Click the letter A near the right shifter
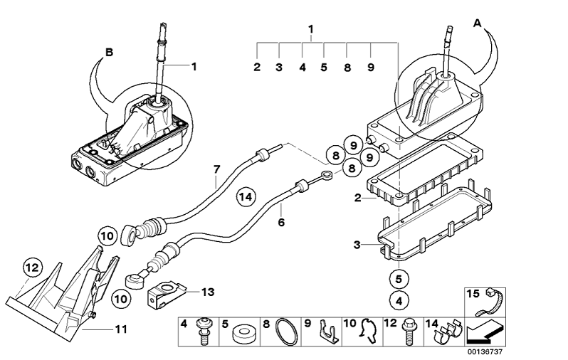tap(478, 23)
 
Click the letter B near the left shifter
tap(109, 52)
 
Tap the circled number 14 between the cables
tap(246, 197)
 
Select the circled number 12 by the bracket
tap(32, 268)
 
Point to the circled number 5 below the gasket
tap(399, 279)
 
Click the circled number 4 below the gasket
tap(399, 301)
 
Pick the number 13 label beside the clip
tap(208, 292)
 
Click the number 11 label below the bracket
tap(121, 329)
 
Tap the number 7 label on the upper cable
tap(216, 169)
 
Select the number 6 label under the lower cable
tap(281, 222)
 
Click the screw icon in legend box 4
tap(204, 330)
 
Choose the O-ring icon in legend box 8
tap(286, 332)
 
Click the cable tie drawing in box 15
tap(489, 304)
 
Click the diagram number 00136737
tap(485, 351)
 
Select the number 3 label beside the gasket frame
tap(357, 245)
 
